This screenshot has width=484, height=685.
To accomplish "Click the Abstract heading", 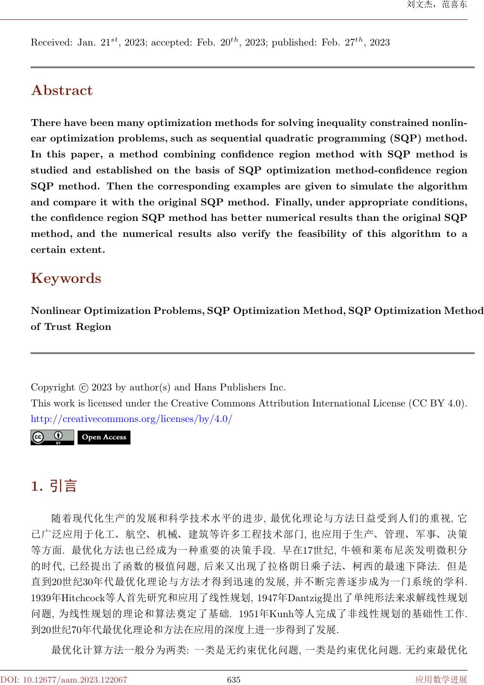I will (62, 91).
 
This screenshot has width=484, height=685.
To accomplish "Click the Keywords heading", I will (66, 279).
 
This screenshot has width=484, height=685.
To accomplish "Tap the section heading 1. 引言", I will (54, 486).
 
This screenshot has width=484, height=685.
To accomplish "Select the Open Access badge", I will (104, 437).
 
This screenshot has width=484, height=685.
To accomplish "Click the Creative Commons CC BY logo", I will (52, 437).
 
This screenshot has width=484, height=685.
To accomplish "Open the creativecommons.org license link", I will (131, 419).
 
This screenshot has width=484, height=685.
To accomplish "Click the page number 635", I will (234, 680).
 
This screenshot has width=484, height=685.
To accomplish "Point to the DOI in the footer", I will (64, 680).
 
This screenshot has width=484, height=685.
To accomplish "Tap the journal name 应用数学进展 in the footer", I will (441, 680).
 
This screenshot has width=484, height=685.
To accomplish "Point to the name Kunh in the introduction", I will (280, 614).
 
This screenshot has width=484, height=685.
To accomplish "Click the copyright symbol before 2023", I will (83, 388).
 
